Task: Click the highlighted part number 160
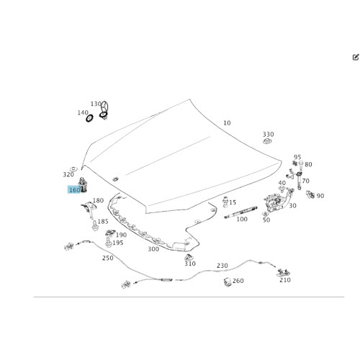click(x=75, y=190)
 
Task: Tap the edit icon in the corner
click(x=356, y=57)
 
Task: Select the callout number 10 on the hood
click(x=227, y=123)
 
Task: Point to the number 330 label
click(x=268, y=134)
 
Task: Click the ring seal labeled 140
click(x=89, y=118)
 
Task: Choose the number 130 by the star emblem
click(x=96, y=104)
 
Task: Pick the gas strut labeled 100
click(x=240, y=212)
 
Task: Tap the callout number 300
click(x=153, y=249)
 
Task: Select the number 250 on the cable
click(x=108, y=258)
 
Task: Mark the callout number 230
click(x=222, y=266)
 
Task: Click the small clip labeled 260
click(x=228, y=282)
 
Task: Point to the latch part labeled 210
click(x=284, y=273)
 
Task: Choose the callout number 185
click(x=103, y=221)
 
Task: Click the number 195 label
click(x=118, y=243)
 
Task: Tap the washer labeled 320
click(x=73, y=168)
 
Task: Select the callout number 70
click(x=305, y=181)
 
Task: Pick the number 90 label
click(x=320, y=196)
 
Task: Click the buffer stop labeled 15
click(x=225, y=202)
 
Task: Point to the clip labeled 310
click(x=189, y=257)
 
